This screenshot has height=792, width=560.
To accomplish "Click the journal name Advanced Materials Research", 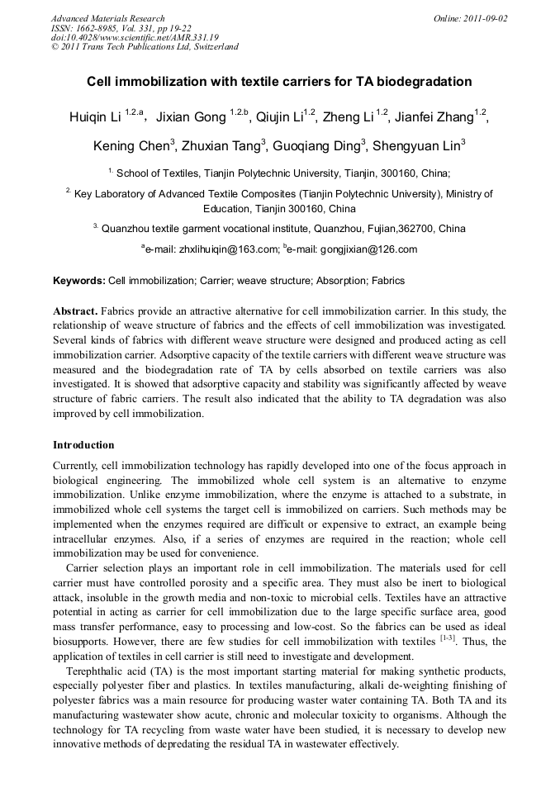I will (x=107, y=18).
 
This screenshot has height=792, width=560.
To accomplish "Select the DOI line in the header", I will (x=135, y=37).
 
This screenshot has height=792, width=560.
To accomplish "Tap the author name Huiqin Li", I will (x=95, y=116).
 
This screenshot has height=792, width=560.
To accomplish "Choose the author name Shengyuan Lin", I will (x=415, y=146).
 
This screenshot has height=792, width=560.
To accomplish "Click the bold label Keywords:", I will (x=79, y=281).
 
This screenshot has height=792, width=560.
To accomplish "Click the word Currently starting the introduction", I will (x=77, y=467).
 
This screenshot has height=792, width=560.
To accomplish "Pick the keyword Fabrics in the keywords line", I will (x=388, y=281).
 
